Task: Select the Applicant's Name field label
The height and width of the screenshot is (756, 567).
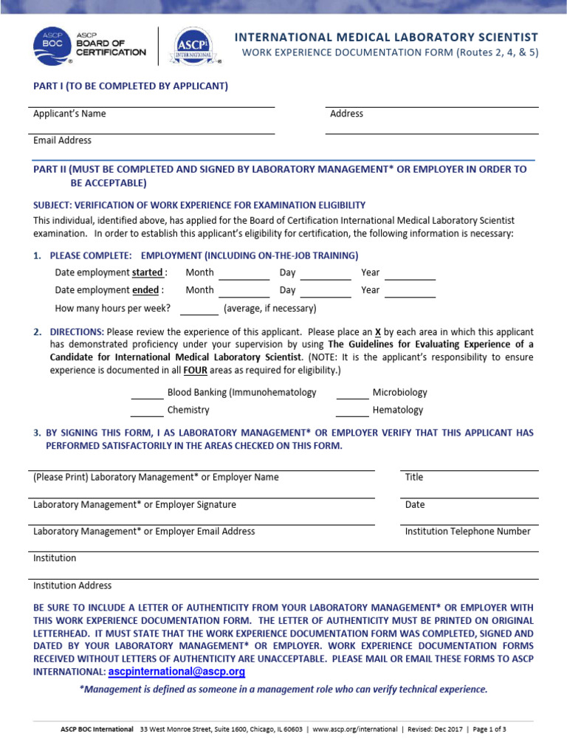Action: pyautogui.click(x=69, y=114)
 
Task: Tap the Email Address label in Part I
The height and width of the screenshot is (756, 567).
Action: pyautogui.click(x=63, y=140)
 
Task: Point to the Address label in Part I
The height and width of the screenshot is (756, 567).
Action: pyautogui.click(x=346, y=114)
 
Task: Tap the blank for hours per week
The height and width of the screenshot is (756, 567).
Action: pyautogui.click(x=199, y=310)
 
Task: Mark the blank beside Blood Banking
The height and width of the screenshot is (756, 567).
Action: pyautogui.click(x=147, y=394)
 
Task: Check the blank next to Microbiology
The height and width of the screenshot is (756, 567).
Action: pyautogui.click(x=352, y=394)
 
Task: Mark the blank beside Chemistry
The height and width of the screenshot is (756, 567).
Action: pyautogui.click(x=147, y=412)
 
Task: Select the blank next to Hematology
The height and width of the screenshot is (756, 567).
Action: pyautogui.click(x=352, y=412)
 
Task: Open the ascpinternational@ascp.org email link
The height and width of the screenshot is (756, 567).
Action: pyautogui.click(x=176, y=673)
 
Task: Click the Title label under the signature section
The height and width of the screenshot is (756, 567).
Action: pyautogui.click(x=413, y=477)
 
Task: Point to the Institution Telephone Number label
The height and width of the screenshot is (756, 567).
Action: pyautogui.click(x=467, y=532)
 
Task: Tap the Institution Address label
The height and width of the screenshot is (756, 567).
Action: pyautogui.click(x=72, y=585)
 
